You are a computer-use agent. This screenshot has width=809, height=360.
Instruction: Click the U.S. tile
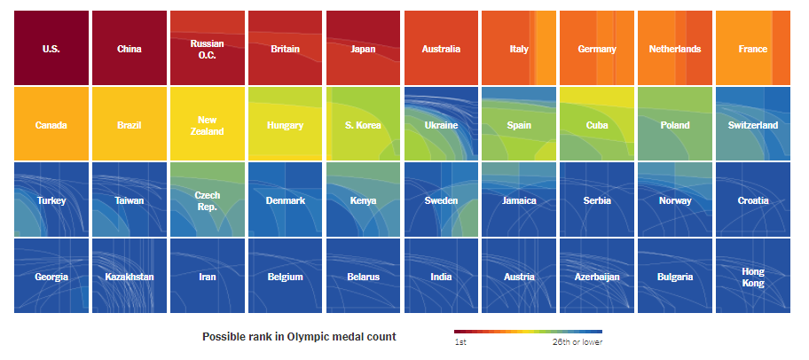[51, 48]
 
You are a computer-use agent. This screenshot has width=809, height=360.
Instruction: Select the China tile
[130, 48]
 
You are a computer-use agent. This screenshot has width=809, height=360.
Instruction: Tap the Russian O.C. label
[207, 49]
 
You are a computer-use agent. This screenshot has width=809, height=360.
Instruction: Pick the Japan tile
[363, 48]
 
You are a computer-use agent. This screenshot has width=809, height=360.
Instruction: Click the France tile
[753, 48]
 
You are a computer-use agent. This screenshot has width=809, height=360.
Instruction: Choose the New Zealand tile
[207, 125]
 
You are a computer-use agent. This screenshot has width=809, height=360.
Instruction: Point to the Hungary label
[285, 125]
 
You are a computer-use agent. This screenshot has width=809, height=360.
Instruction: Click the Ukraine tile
[441, 124]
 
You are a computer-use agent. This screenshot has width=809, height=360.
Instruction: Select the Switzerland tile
[753, 124]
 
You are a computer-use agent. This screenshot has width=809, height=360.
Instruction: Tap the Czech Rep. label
[207, 200]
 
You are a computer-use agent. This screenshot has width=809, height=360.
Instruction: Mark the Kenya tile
[363, 200]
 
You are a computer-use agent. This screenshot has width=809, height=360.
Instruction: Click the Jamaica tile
[519, 200]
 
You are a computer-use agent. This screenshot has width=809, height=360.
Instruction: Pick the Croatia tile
[753, 200]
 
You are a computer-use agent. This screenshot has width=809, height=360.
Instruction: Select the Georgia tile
[51, 276]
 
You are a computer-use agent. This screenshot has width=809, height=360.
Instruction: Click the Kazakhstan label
[130, 277]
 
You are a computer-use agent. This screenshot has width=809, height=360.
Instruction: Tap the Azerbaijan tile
[597, 276]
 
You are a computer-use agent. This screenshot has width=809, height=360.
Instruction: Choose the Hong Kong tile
[753, 276]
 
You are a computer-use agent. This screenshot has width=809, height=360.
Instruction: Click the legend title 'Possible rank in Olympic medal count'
[299, 337]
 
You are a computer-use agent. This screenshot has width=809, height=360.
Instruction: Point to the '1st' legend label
[461, 342]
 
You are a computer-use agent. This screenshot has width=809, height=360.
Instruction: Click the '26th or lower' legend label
[577, 342]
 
